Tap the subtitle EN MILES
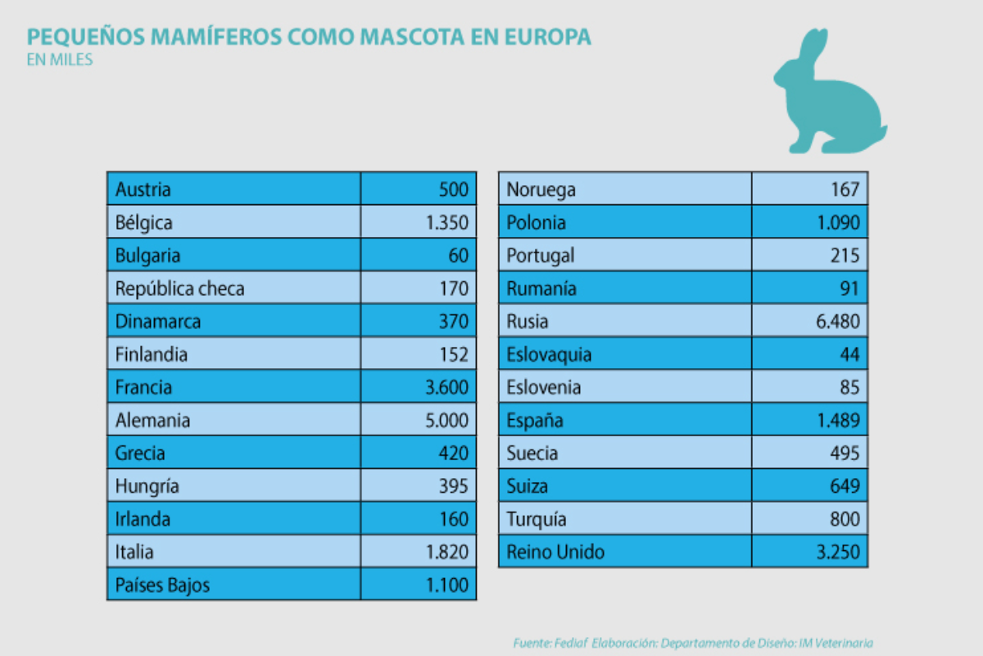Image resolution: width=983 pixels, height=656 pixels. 60,60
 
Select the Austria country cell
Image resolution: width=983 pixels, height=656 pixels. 143,189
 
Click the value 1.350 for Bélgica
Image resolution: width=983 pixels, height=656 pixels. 447,222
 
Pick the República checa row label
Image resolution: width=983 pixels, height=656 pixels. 180,289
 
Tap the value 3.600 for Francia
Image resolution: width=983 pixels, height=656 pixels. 447,387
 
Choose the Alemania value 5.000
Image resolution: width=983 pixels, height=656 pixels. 446,421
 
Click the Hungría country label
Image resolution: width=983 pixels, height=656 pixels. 147,486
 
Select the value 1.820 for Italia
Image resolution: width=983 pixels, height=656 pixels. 447,552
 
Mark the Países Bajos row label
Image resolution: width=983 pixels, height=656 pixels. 163,585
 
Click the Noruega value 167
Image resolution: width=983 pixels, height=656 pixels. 845,189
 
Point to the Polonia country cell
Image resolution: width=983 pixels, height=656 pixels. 536,222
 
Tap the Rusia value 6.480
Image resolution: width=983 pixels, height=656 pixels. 837,321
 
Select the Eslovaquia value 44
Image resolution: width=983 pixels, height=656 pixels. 849,354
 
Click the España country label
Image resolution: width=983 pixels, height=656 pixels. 535,421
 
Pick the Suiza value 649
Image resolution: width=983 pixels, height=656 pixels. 845,486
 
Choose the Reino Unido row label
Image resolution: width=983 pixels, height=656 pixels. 555,552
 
